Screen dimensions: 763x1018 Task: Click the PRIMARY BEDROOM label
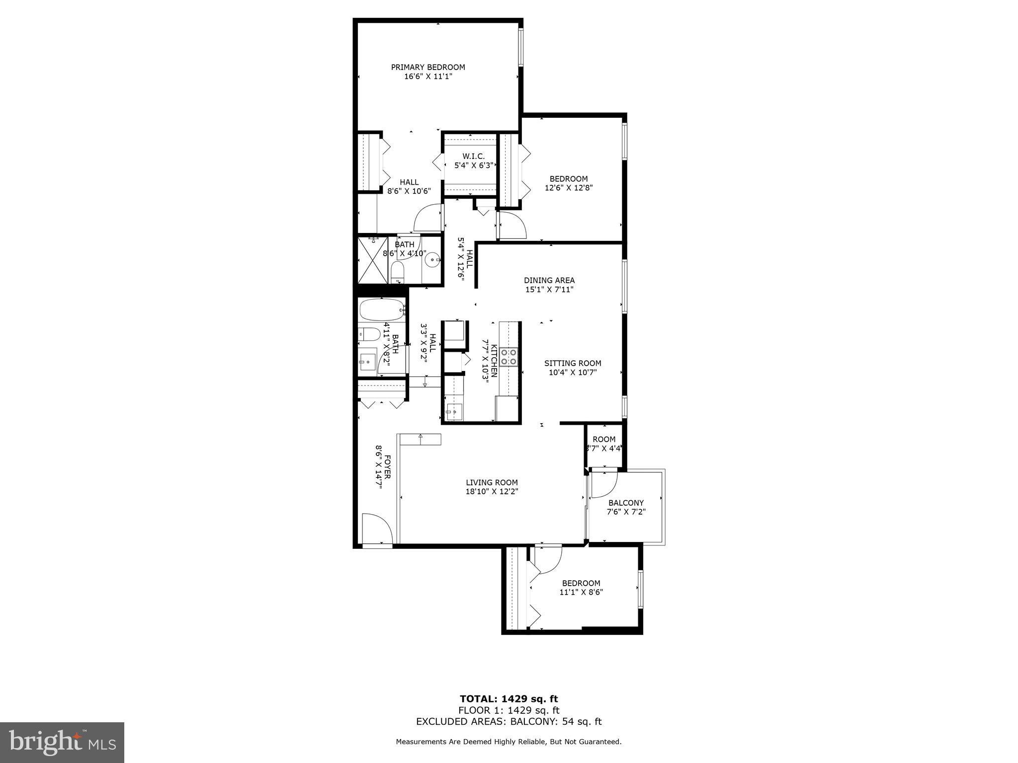pos(427,67)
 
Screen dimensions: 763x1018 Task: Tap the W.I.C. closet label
pos(473,156)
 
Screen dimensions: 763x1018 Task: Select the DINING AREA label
pos(549,280)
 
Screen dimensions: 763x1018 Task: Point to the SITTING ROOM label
pos(572,363)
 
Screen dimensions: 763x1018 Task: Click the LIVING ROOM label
pos(492,482)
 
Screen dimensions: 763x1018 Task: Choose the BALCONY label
pos(626,503)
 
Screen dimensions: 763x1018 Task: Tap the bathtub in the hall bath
pos(381,310)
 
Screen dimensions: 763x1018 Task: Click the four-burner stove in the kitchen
pos(508,357)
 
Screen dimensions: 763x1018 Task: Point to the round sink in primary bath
pos(434,258)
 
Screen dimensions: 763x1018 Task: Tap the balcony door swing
pos(603,483)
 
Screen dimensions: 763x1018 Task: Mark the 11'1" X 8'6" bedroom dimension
pos(581,592)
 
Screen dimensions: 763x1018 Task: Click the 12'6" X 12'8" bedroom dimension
pos(569,188)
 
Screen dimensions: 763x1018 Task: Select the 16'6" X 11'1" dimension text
pos(427,76)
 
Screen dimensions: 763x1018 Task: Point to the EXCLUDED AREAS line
pos(509,721)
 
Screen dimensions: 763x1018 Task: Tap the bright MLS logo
pos(62,743)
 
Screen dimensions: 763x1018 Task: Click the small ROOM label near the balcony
pos(604,439)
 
